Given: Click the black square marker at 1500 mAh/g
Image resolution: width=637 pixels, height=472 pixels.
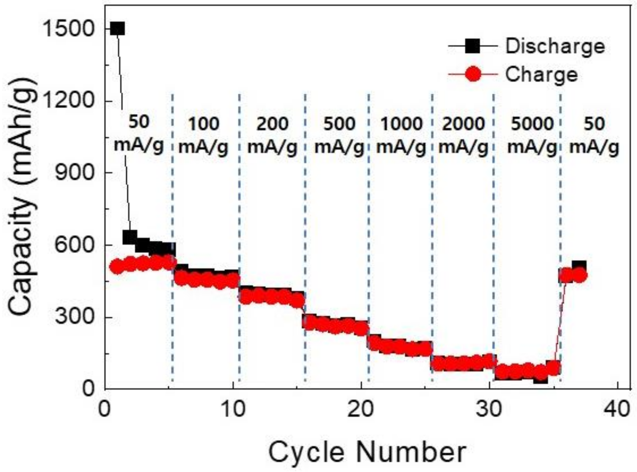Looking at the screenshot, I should coord(117,29).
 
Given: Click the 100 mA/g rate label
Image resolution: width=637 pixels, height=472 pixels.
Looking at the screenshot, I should coord(204,135).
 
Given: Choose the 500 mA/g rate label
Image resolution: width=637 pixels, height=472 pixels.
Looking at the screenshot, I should coord(339,135).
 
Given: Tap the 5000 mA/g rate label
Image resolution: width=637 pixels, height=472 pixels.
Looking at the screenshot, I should coord(532,135).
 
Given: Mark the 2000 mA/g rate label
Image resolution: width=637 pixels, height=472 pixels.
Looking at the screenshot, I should coord(463,135).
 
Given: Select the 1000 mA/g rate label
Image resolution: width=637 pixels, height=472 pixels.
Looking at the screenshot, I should coord(401,135).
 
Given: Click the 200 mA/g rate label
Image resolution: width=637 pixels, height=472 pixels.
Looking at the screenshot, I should coord(272,135).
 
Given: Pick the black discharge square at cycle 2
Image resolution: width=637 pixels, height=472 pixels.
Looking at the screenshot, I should coord(130,237).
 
